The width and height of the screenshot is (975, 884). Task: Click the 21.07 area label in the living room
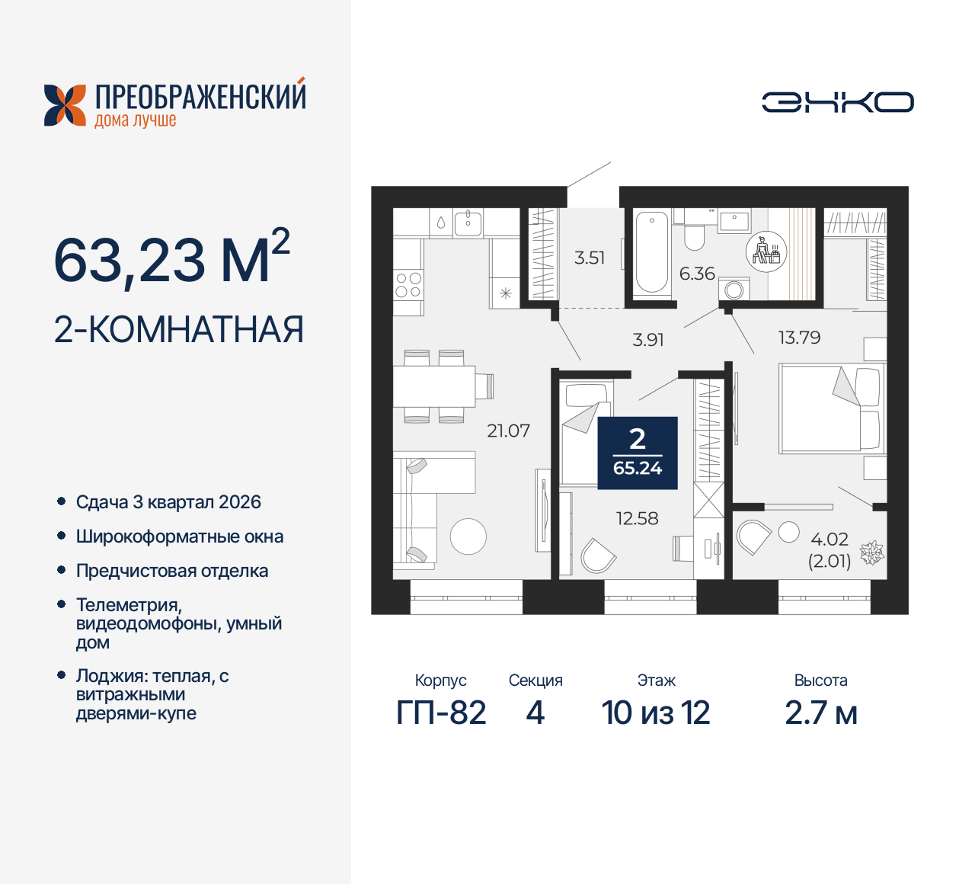pyautogui.click(x=508, y=431)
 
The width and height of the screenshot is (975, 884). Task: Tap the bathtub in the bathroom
pyautogui.click(x=651, y=252)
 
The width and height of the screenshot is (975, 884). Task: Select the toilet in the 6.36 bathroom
pyautogui.click(x=694, y=235)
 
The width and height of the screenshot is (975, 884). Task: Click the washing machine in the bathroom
pyautogui.click(x=735, y=290)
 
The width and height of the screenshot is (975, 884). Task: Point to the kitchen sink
pyautogui.click(x=468, y=223)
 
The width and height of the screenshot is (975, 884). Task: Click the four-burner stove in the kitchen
pyautogui.click(x=408, y=286)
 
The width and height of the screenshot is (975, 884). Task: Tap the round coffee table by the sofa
pyautogui.click(x=468, y=536)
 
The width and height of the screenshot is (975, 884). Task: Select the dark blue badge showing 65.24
pyautogui.click(x=638, y=453)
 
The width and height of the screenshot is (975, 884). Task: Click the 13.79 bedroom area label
pyautogui.click(x=799, y=338)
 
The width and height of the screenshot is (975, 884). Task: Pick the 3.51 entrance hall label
pyautogui.click(x=590, y=258)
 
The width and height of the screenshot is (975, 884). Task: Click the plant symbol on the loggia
pyautogui.click(x=871, y=552)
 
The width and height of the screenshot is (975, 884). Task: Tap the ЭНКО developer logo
pyautogui.click(x=838, y=102)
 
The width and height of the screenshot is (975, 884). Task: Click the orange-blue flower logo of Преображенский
pyautogui.click(x=65, y=105)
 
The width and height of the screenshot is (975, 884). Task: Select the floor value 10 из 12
pyautogui.click(x=656, y=713)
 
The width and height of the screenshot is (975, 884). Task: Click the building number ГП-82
pyautogui.click(x=441, y=713)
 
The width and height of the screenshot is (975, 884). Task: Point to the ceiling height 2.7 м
pyautogui.click(x=821, y=713)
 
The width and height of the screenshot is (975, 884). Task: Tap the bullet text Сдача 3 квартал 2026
pyautogui.click(x=168, y=502)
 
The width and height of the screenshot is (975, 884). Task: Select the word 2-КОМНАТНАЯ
pyautogui.click(x=179, y=329)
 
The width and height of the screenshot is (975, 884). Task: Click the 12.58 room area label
pyautogui.click(x=637, y=518)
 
